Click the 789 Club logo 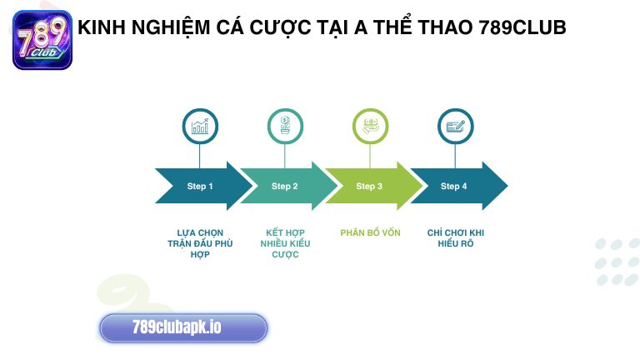[x=42, y=39]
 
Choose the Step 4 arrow [x=455, y=186]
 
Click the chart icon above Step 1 [x=200, y=127]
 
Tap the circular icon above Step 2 [x=285, y=127]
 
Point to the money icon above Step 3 [x=370, y=127]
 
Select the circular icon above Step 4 [x=455, y=127]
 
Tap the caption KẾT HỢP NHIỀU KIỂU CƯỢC [x=284, y=243]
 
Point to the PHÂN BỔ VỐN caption [x=370, y=233]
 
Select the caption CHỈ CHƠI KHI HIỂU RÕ [x=455, y=238]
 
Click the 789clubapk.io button [x=183, y=327]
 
